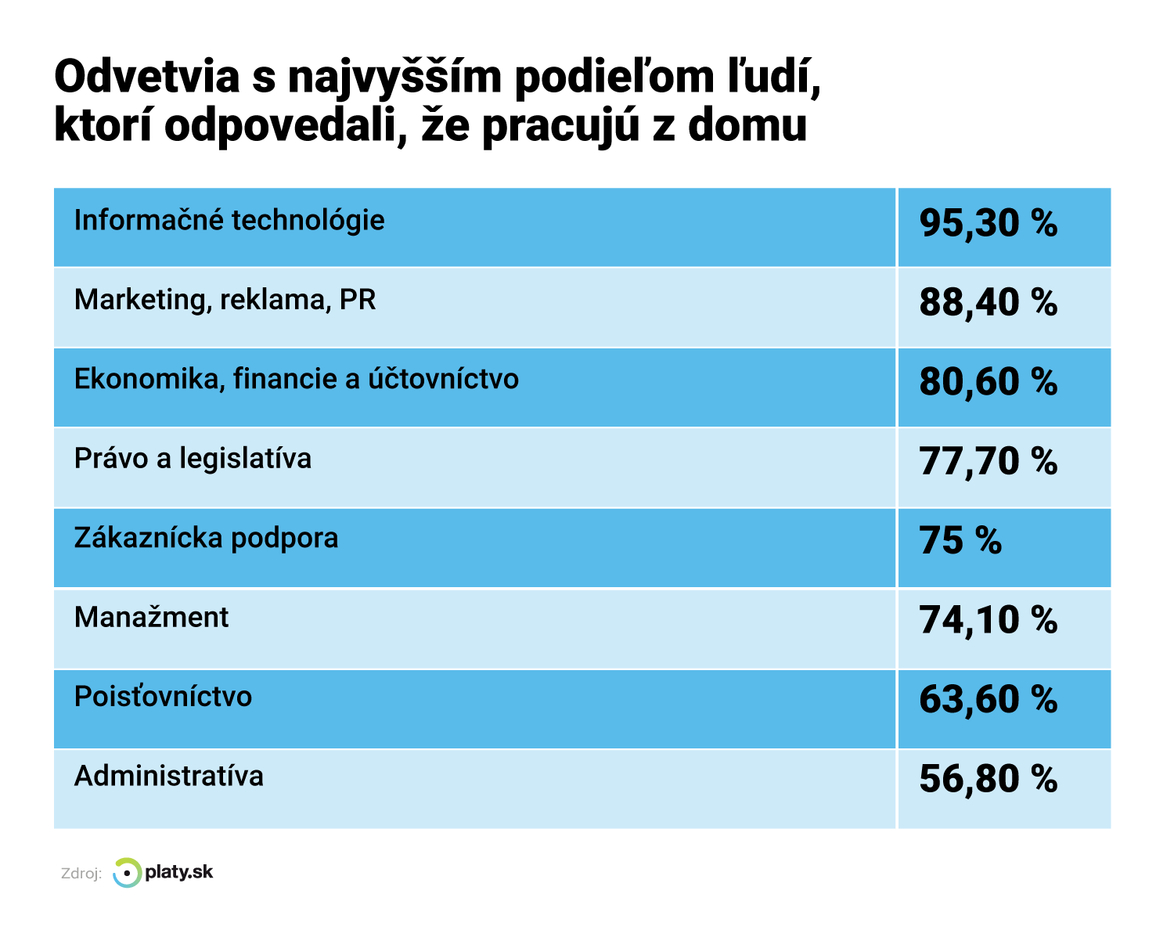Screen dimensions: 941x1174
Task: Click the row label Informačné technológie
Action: (x=229, y=221)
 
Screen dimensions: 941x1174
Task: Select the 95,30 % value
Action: (x=988, y=223)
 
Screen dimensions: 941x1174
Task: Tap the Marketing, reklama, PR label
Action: (x=225, y=300)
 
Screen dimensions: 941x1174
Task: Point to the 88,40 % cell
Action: (x=988, y=303)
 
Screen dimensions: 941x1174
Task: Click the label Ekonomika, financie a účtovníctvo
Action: (x=297, y=380)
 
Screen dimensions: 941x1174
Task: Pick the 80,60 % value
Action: (x=988, y=382)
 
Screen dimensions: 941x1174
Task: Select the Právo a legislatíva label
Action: (x=193, y=459)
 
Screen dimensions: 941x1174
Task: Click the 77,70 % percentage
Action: (x=988, y=461)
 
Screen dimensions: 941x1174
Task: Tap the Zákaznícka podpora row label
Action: (x=207, y=539)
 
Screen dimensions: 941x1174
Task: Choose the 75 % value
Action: (x=960, y=541)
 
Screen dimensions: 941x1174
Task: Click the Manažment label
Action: (x=151, y=618)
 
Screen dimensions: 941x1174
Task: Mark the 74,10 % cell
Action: (x=988, y=620)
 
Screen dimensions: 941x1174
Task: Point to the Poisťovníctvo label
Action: (x=163, y=697)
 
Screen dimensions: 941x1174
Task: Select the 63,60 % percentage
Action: (x=988, y=700)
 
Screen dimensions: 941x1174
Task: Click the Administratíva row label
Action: (x=169, y=777)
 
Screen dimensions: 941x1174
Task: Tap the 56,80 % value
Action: (x=988, y=779)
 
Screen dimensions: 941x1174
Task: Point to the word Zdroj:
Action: (x=81, y=874)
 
